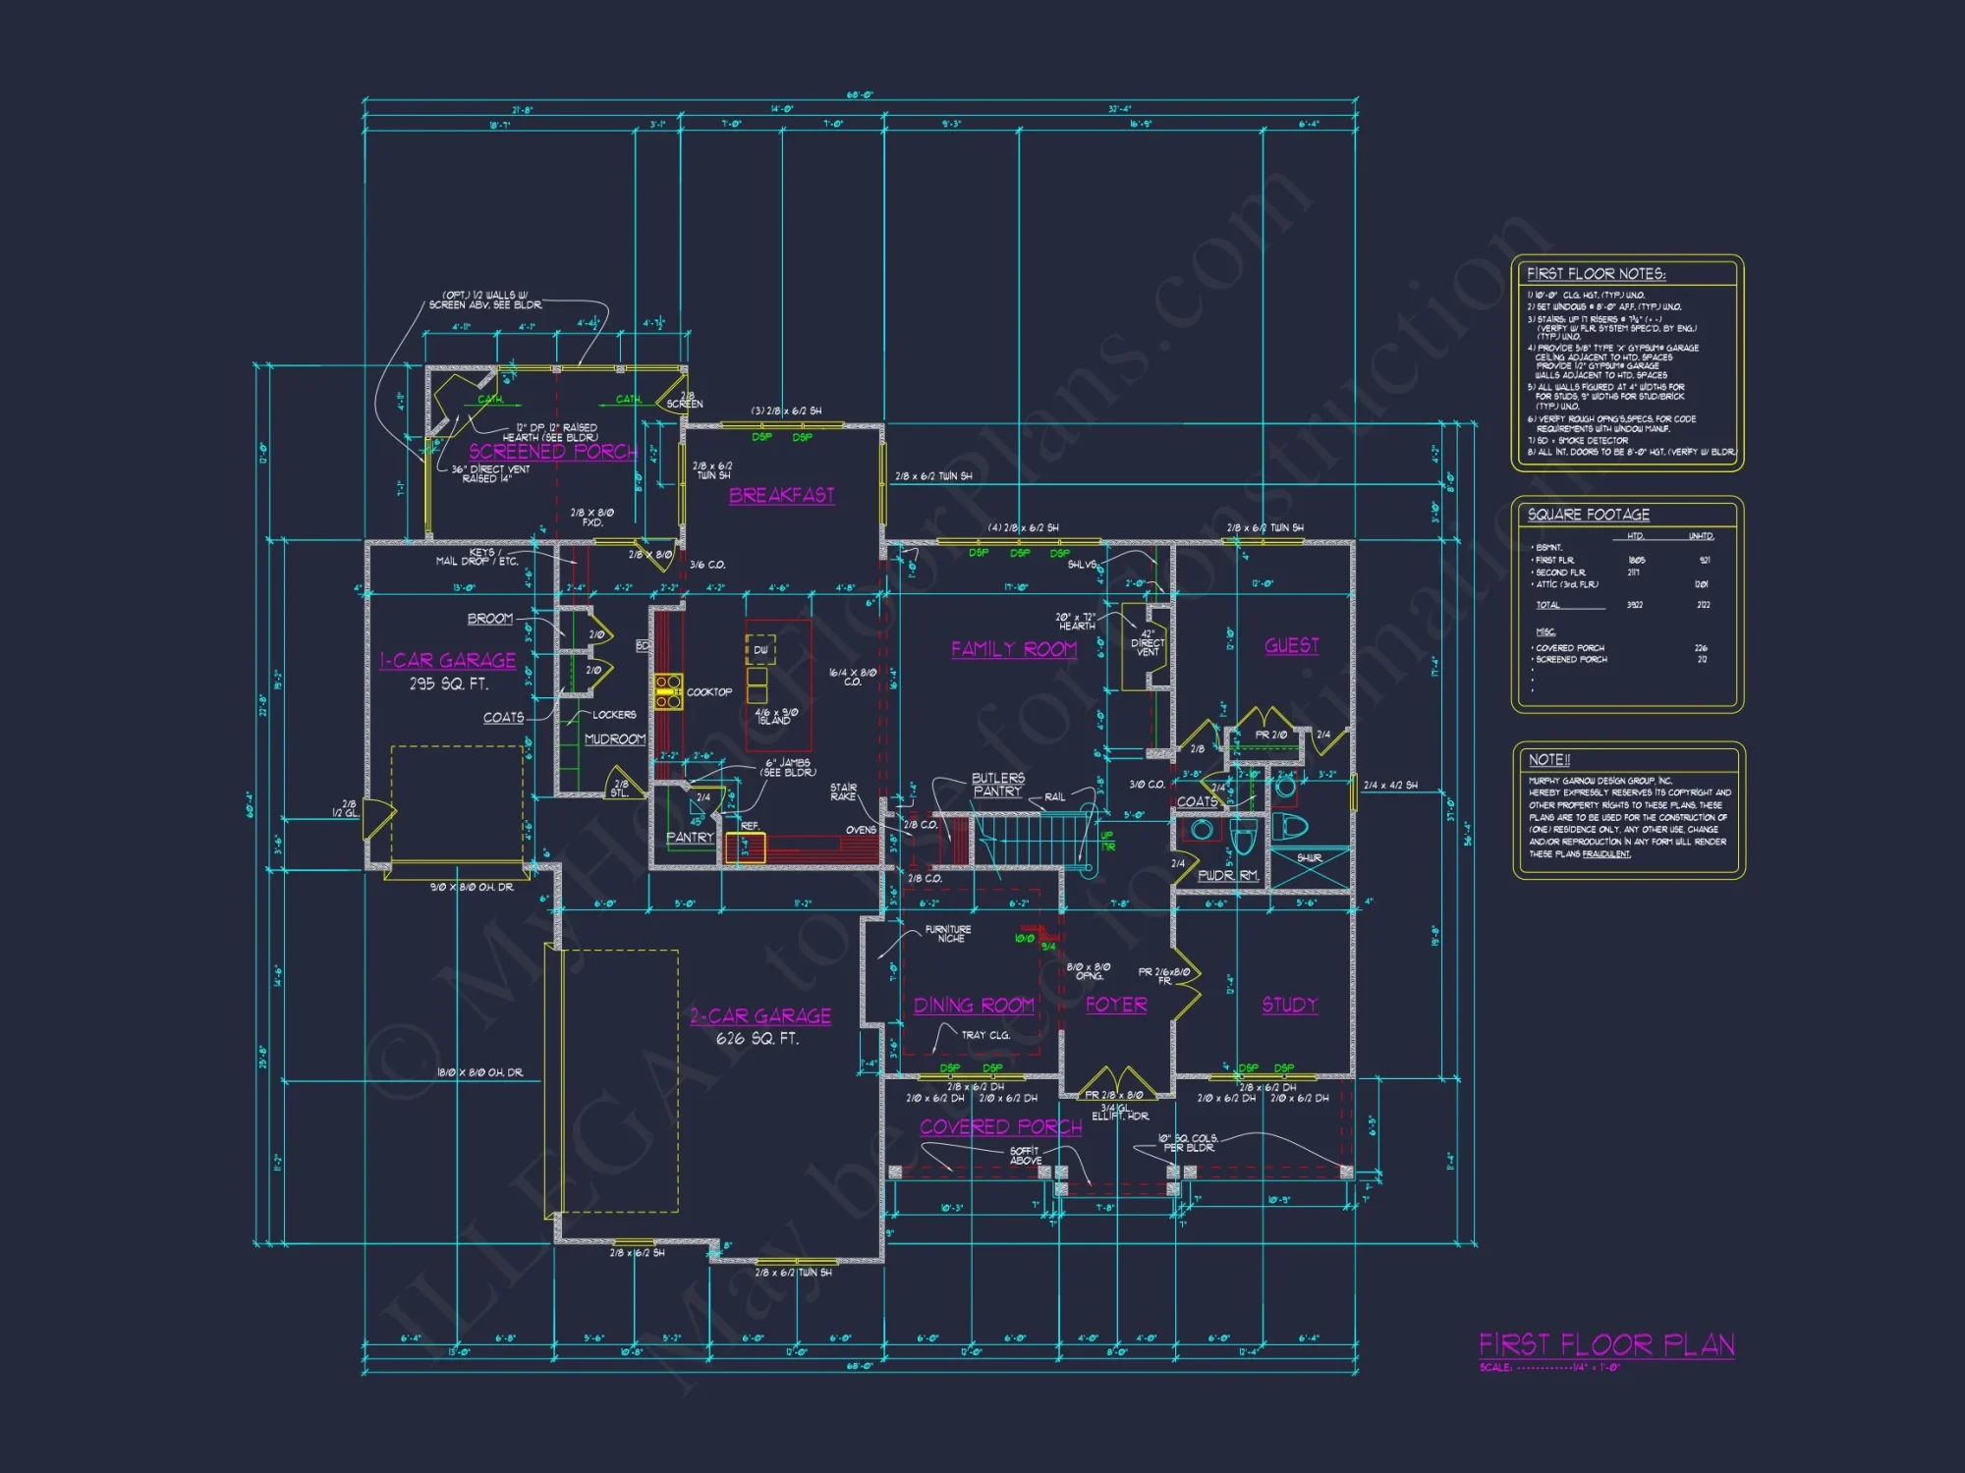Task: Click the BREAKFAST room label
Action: [x=781, y=495]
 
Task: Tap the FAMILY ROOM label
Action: [x=1013, y=649]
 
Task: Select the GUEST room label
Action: [x=1291, y=645]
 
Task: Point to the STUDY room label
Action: [x=1289, y=1005]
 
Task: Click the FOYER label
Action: [x=1116, y=1005]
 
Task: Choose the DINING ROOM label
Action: [x=973, y=1006]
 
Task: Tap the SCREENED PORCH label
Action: [x=552, y=452]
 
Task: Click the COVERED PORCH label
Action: [x=1000, y=1127]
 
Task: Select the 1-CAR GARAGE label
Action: [x=448, y=660]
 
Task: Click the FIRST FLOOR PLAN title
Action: [x=1606, y=1344]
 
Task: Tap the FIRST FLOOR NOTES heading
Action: [x=1596, y=274]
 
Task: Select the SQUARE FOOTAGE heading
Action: [x=1588, y=515]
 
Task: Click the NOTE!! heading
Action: [x=1548, y=760]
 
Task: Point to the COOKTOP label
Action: [x=708, y=692]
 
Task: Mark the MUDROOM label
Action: [x=615, y=739]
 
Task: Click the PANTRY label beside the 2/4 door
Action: [x=690, y=838]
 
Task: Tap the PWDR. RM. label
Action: [x=1227, y=875]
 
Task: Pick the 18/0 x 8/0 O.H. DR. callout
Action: [x=479, y=1072]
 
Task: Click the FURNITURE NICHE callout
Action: [x=948, y=934]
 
